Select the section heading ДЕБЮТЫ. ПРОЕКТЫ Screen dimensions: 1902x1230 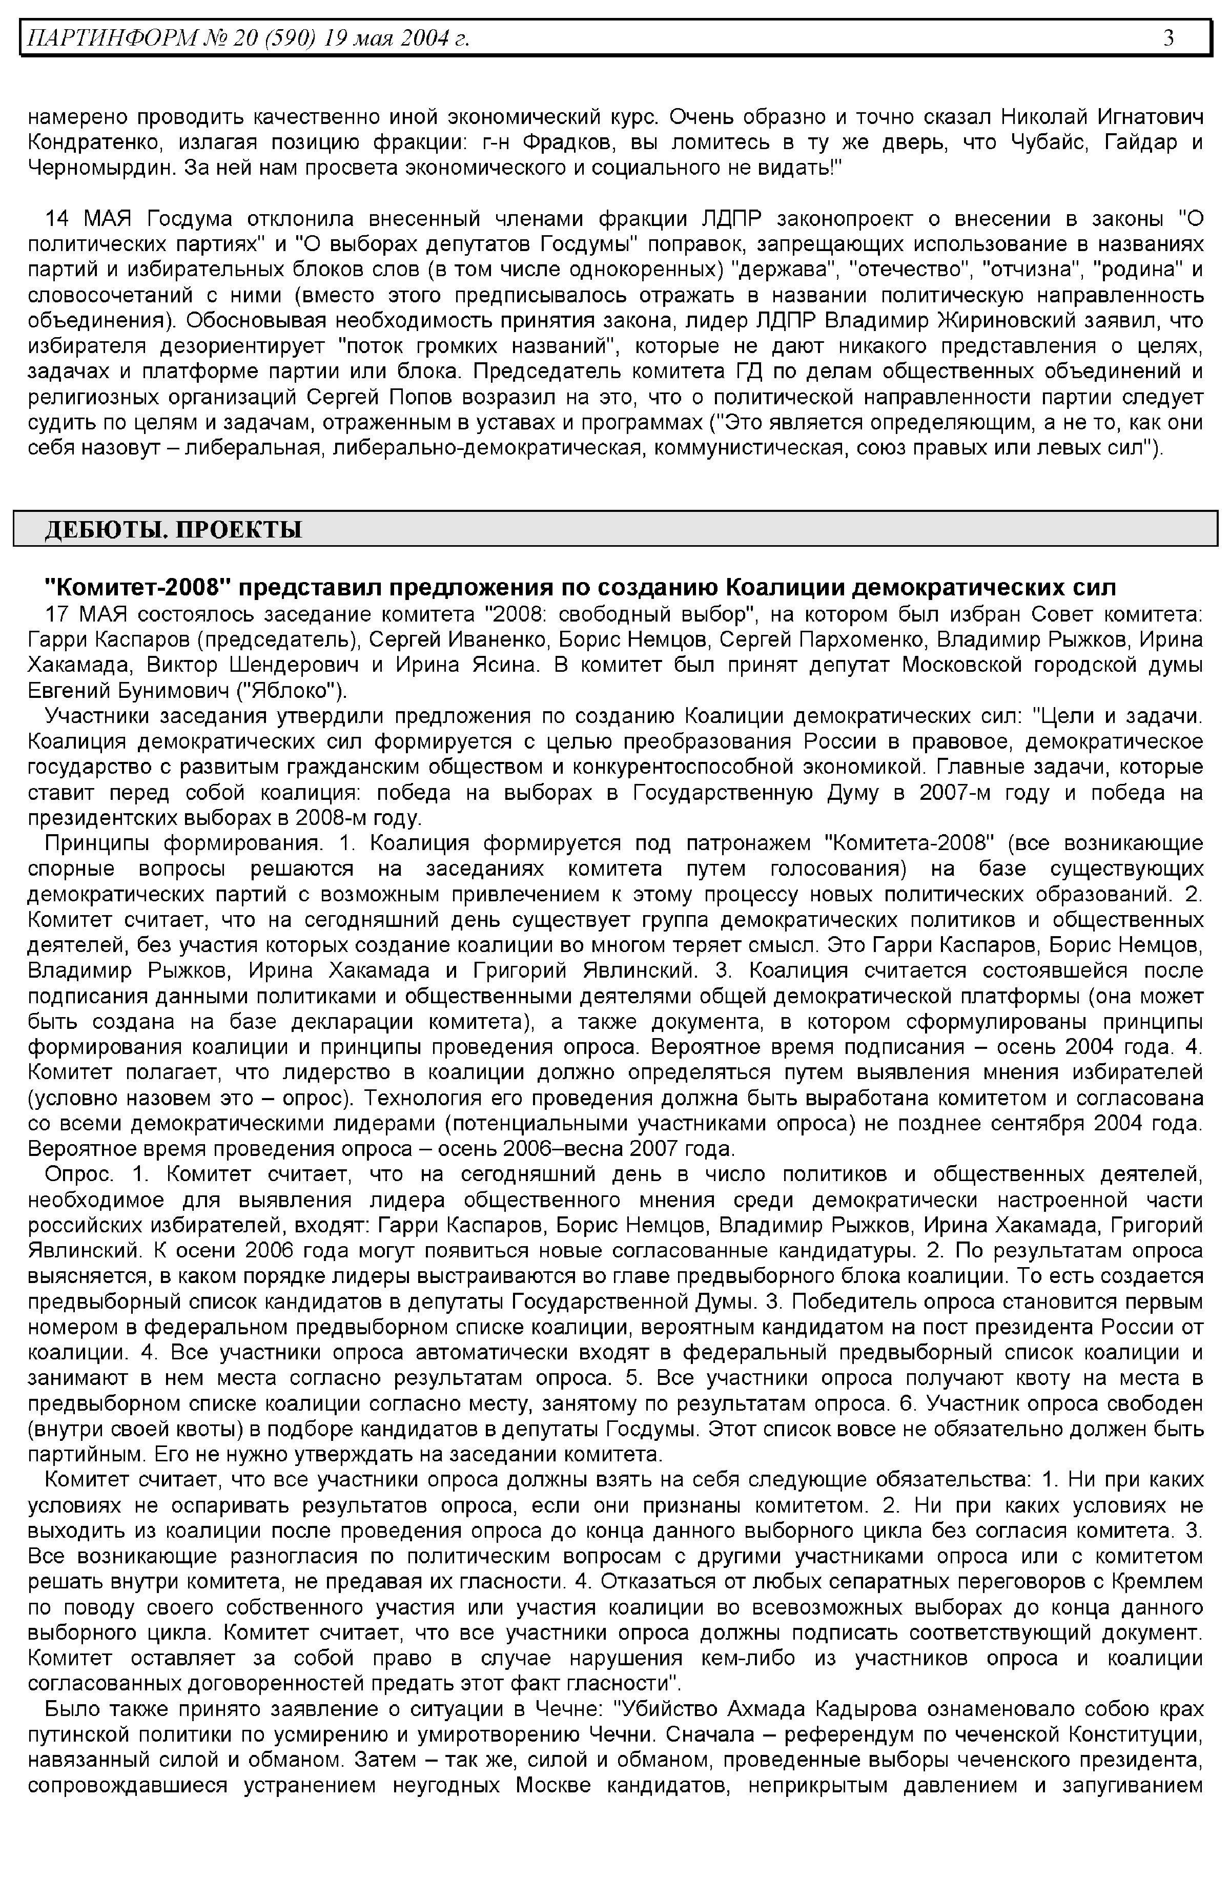[x=173, y=530]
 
